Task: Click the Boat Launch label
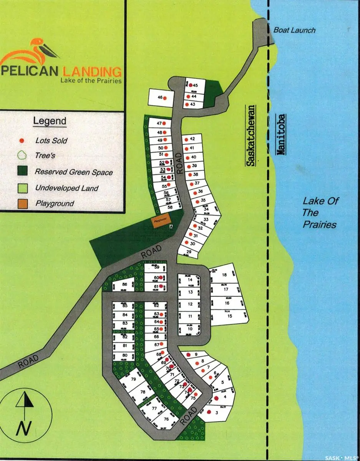click(294, 30)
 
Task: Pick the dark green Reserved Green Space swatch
click(22, 171)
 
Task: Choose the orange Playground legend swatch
click(22, 203)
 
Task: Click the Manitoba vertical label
click(281, 134)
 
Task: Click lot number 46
click(160, 98)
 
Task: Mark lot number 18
click(224, 275)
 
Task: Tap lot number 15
click(230, 316)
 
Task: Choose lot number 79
click(134, 379)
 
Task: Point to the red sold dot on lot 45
click(190, 85)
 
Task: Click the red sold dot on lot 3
click(209, 412)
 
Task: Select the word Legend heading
click(50, 121)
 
